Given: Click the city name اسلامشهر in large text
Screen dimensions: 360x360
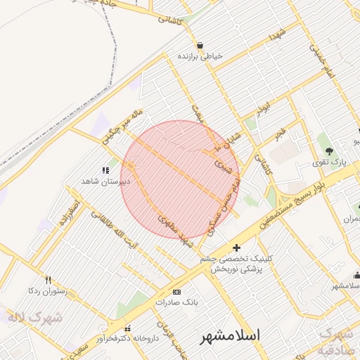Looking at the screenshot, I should [231, 335].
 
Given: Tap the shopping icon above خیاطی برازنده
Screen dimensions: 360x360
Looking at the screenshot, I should [200, 44].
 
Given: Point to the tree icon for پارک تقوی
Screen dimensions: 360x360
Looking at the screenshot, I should [328, 151].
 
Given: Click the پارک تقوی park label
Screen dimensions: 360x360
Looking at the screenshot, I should [328, 163].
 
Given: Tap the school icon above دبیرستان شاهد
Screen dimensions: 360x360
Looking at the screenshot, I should [105, 170].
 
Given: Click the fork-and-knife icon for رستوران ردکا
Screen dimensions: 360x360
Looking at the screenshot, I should [48, 279].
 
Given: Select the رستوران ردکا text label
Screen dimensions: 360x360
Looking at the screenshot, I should [46, 290].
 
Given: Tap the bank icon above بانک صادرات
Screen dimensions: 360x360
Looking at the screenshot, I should [176, 292].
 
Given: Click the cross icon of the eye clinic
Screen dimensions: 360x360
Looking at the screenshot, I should [236, 247].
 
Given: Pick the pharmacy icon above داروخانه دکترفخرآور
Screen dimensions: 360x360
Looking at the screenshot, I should [127, 328].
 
